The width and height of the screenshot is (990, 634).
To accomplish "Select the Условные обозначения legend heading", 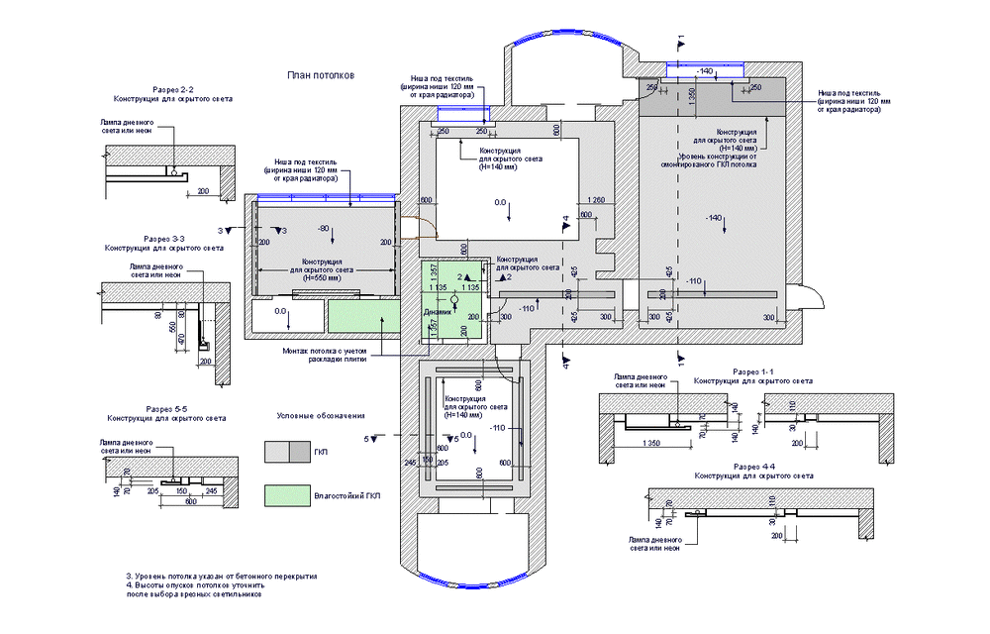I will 321,415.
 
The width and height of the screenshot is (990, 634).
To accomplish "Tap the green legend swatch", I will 288,493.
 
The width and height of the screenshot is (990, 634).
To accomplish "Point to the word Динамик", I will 438,312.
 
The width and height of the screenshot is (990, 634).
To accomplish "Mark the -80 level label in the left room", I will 322,229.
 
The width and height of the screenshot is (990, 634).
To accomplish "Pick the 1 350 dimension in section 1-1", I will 651,442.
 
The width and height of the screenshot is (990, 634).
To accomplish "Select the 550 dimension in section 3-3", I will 171,328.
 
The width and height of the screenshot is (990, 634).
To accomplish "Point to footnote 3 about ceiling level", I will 222,577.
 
